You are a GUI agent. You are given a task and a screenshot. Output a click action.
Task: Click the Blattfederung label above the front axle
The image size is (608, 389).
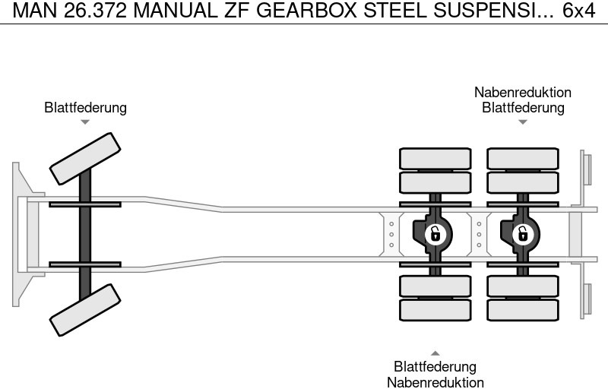click(85, 108)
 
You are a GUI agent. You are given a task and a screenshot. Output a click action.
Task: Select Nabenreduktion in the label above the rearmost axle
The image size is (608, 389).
click(523, 93)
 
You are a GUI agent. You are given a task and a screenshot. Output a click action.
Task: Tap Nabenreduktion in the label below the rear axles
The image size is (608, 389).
click(435, 382)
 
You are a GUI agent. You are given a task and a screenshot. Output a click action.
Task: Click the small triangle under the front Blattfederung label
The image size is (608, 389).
click(85, 122)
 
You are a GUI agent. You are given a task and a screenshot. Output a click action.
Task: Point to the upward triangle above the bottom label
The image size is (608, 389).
click(435, 353)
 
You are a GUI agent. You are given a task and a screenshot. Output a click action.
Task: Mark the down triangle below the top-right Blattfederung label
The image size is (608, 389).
click(523, 122)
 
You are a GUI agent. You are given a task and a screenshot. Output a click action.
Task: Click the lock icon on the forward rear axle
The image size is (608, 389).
click(435, 233)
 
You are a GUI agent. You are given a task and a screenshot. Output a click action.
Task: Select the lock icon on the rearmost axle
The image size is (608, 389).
click(522, 233)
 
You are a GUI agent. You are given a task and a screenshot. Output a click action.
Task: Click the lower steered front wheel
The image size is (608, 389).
click(85, 310)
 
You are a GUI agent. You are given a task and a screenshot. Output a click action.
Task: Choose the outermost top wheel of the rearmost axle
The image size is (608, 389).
click(522, 158)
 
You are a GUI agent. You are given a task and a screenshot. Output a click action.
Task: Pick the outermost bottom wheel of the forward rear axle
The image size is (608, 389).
click(435, 309)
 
